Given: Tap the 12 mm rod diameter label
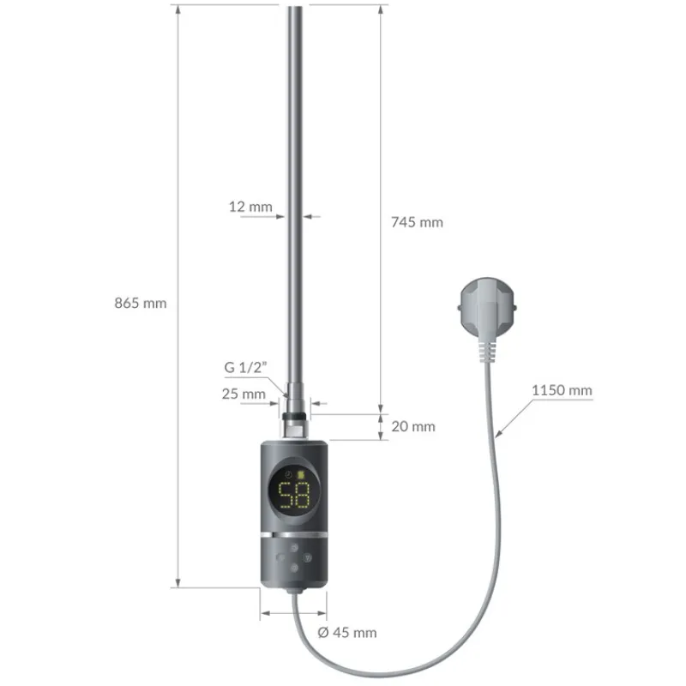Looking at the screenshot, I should [251, 207].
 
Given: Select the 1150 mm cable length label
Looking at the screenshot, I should [562, 390].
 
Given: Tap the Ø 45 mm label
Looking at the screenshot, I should [346, 633].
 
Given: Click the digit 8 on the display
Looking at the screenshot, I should [301, 496].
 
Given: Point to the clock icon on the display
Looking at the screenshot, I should [288, 475].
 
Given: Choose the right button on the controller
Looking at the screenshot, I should [310, 555].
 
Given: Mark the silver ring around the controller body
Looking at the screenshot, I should [293, 533].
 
